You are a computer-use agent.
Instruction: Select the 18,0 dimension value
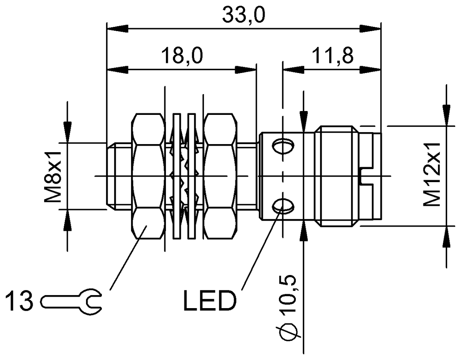click(182, 56)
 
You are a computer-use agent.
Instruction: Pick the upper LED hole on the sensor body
click(284, 146)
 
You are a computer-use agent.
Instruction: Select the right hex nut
click(219, 176)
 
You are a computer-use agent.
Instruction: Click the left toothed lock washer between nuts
click(177, 176)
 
